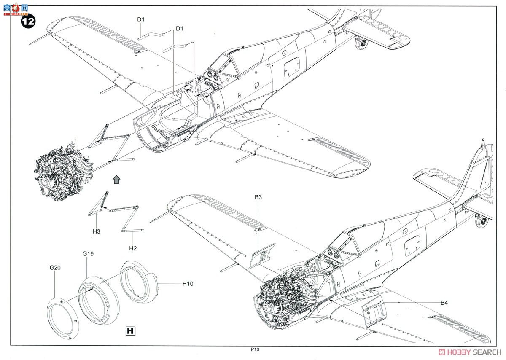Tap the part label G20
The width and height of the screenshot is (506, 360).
click(x=55, y=267)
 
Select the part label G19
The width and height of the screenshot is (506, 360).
click(x=88, y=254)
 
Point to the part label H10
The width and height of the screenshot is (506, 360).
click(x=188, y=284)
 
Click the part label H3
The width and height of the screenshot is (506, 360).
click(x=97, y=231)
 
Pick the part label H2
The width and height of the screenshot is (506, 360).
click(x=133, y=248)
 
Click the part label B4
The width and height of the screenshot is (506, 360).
click(x=444, y=302)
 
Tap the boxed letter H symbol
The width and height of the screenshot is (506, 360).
click(x=131, y=331)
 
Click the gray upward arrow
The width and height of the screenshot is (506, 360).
click(x=117, y=179)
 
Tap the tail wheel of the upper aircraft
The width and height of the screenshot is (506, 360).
click(x=361, y=43)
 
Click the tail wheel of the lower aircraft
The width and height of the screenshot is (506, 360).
click(x=480, y=221)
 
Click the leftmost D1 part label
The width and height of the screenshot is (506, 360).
click(x=141, y=19)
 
